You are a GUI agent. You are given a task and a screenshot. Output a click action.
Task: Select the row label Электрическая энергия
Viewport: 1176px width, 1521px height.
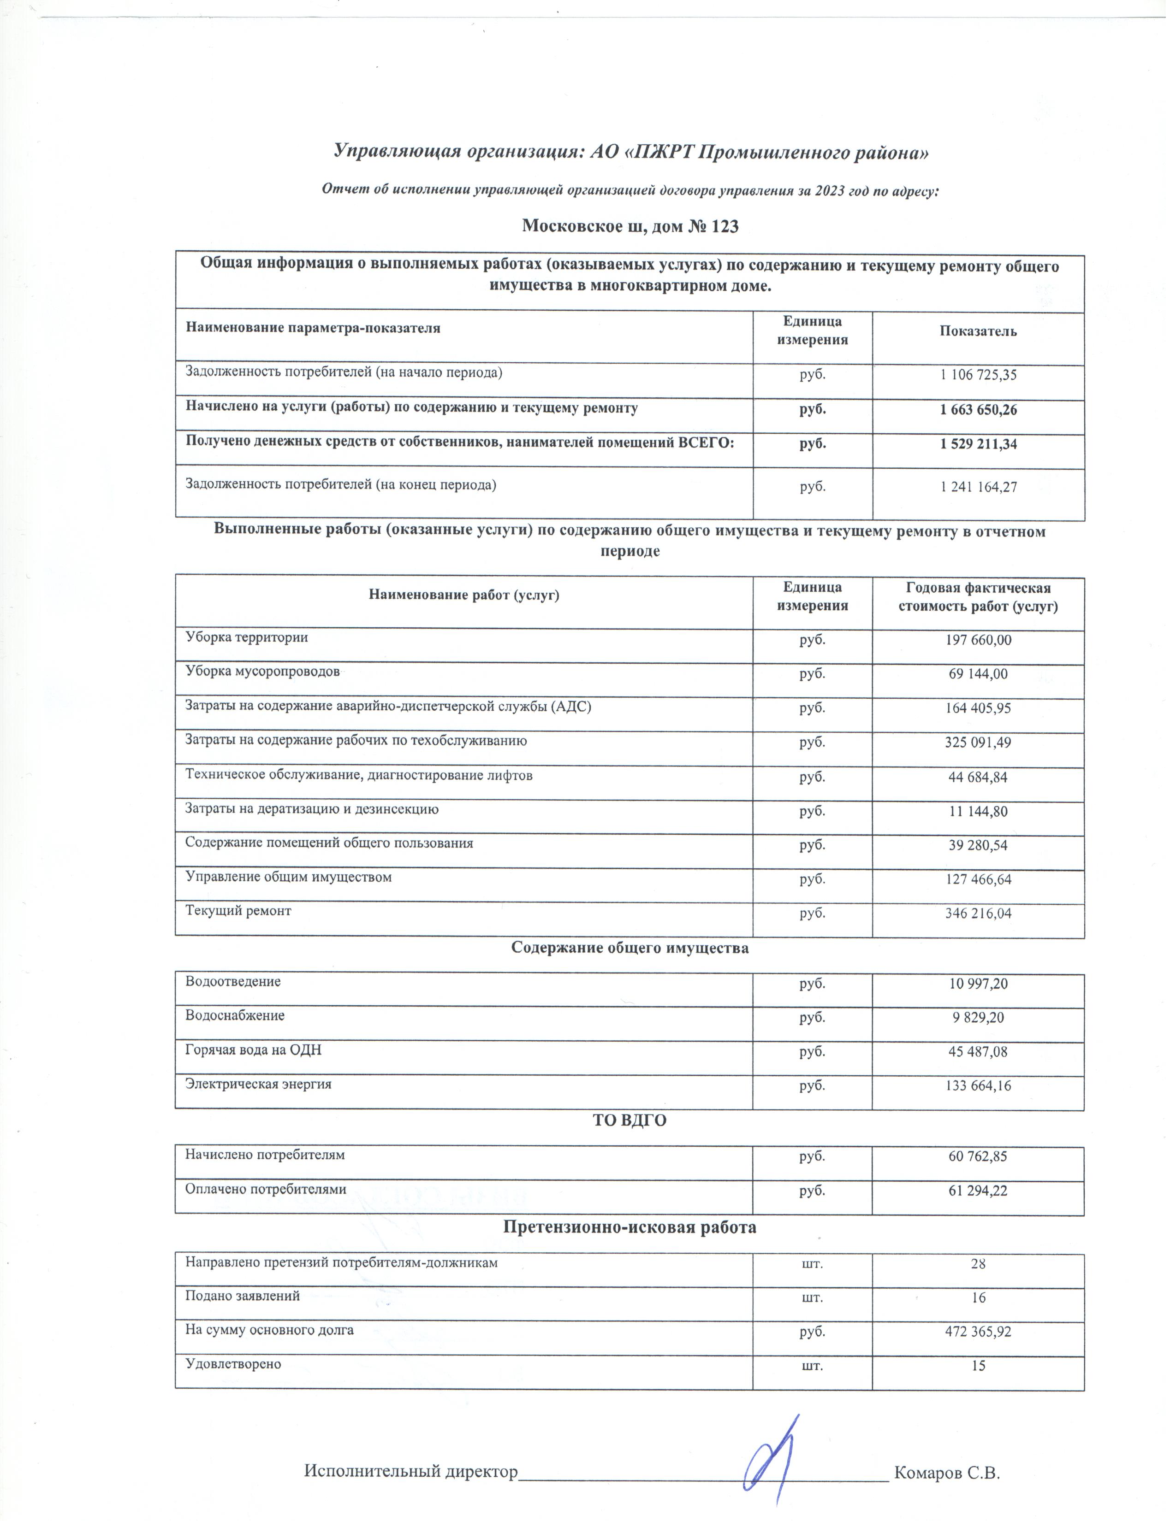tap(258, 1084)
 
